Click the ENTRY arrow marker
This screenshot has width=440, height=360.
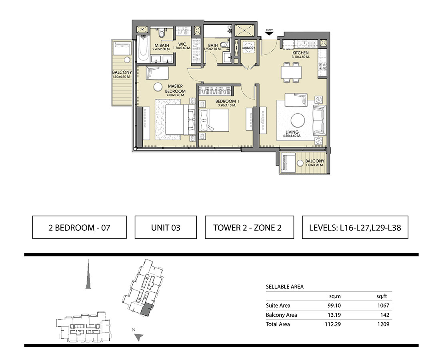click(x=269, y=33)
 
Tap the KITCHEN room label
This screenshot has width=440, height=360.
click(x=300, y=53)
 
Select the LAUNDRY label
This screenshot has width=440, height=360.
click(x=248, y=48)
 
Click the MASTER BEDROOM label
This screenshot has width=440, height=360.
click(x=175, y=89)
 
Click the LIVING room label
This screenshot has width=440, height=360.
click(x=292, y=132)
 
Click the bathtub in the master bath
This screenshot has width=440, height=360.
click(x=143, y=50)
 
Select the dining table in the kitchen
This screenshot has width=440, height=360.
click(x=292, y=72)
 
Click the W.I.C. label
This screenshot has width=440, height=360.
click(x=182, y=44)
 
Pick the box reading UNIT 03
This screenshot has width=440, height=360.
click(x=166, y=227)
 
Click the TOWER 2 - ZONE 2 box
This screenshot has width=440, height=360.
click(x=249, y=227)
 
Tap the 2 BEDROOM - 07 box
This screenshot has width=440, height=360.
click(x=80, y=227)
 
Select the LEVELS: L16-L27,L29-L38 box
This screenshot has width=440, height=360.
click(x=355, y=227)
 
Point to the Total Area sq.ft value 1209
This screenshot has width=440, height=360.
click(x=383, y=324)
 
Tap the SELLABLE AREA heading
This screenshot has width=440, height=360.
click(x=284, y=287)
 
